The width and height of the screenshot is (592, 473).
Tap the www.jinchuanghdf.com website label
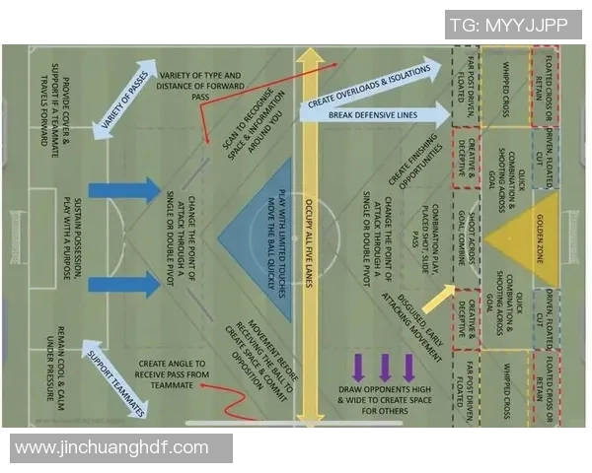[112, 447]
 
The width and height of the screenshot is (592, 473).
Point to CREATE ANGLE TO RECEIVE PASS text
[174, 374]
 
